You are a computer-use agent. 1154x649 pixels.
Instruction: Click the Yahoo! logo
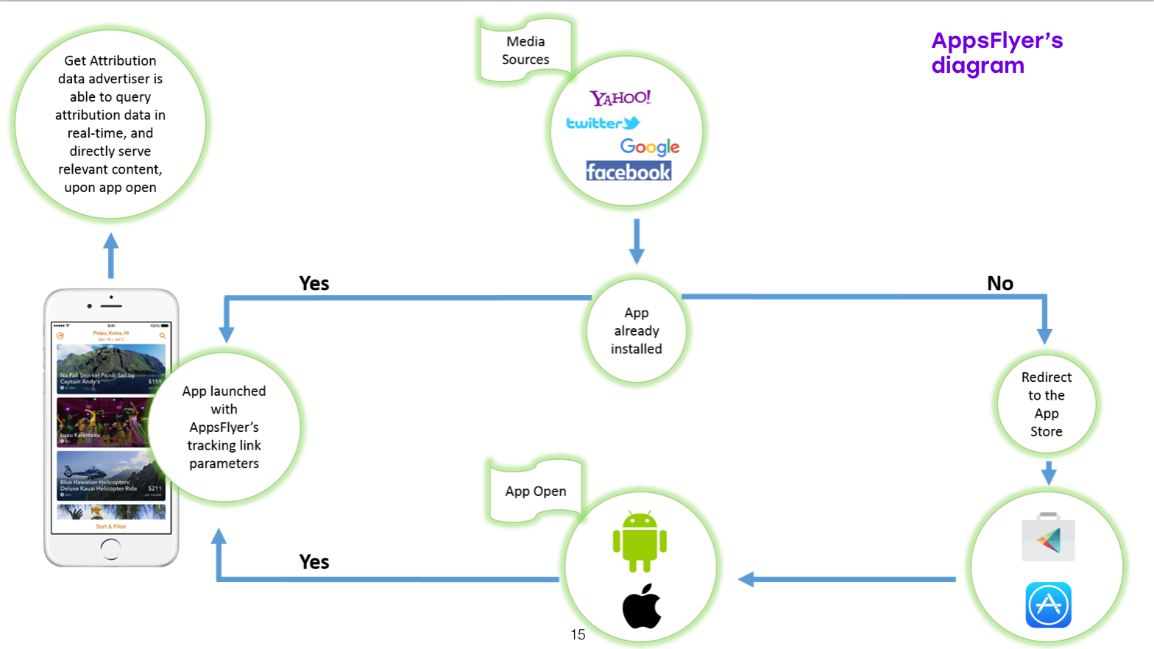pos(620,98)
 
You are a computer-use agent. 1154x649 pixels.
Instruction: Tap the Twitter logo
pos(602,123)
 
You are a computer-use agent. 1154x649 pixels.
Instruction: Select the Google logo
pos(649,146)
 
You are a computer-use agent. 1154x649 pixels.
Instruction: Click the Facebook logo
pos(629,171)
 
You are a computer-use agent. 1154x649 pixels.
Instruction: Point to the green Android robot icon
pos(640,541)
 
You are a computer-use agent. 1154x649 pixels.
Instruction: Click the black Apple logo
pos(642,606)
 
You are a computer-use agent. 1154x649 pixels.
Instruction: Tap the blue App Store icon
pos(1048,605)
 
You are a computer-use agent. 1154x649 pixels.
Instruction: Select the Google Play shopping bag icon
pos(1048,538)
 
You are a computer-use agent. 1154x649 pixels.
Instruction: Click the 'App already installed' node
pos(637,331)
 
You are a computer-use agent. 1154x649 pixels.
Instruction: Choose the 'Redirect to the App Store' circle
pos(1046,404)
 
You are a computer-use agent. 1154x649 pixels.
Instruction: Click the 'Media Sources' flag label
pos(525,50)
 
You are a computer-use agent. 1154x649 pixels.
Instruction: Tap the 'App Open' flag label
pos(535,491)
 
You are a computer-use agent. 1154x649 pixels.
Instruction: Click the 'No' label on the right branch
pos(1000,283)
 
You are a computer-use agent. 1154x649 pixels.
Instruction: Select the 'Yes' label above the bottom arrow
pos(314,562)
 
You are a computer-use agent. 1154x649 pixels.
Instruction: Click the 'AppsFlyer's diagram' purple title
pos(997,52)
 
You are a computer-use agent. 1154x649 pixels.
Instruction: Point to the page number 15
pos(578,634)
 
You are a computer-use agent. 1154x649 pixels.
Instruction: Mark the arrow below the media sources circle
pos(637,241)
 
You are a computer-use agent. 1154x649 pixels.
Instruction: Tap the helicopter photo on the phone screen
pos(110,475)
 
